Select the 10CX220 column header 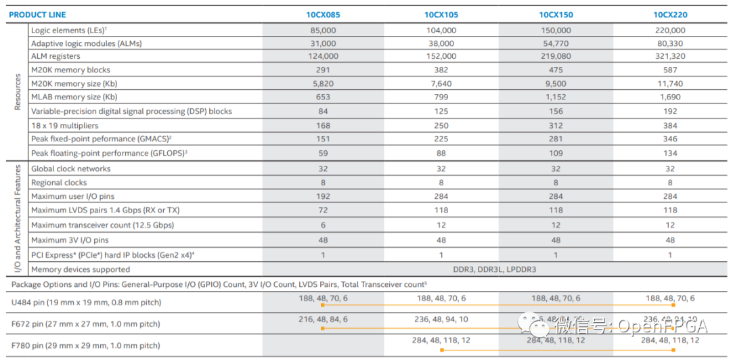(670, 14)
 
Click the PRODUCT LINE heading (37, 14)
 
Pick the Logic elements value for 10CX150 (556, 30)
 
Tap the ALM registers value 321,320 (670, 56)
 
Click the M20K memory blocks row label (70, 70)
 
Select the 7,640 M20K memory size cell (441, 84)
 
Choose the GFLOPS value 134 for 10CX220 (670, 153)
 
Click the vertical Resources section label (18, 92)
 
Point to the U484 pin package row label (86, 302)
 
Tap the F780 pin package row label (86, 346)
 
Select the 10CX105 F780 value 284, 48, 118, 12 (441, 340)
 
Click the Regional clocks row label (59, 183)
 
